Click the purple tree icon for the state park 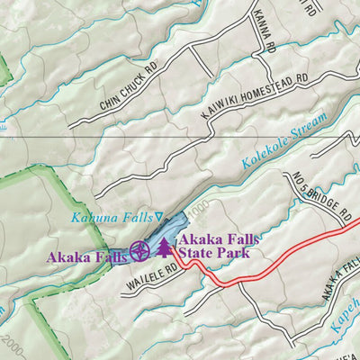coord(165,248)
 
